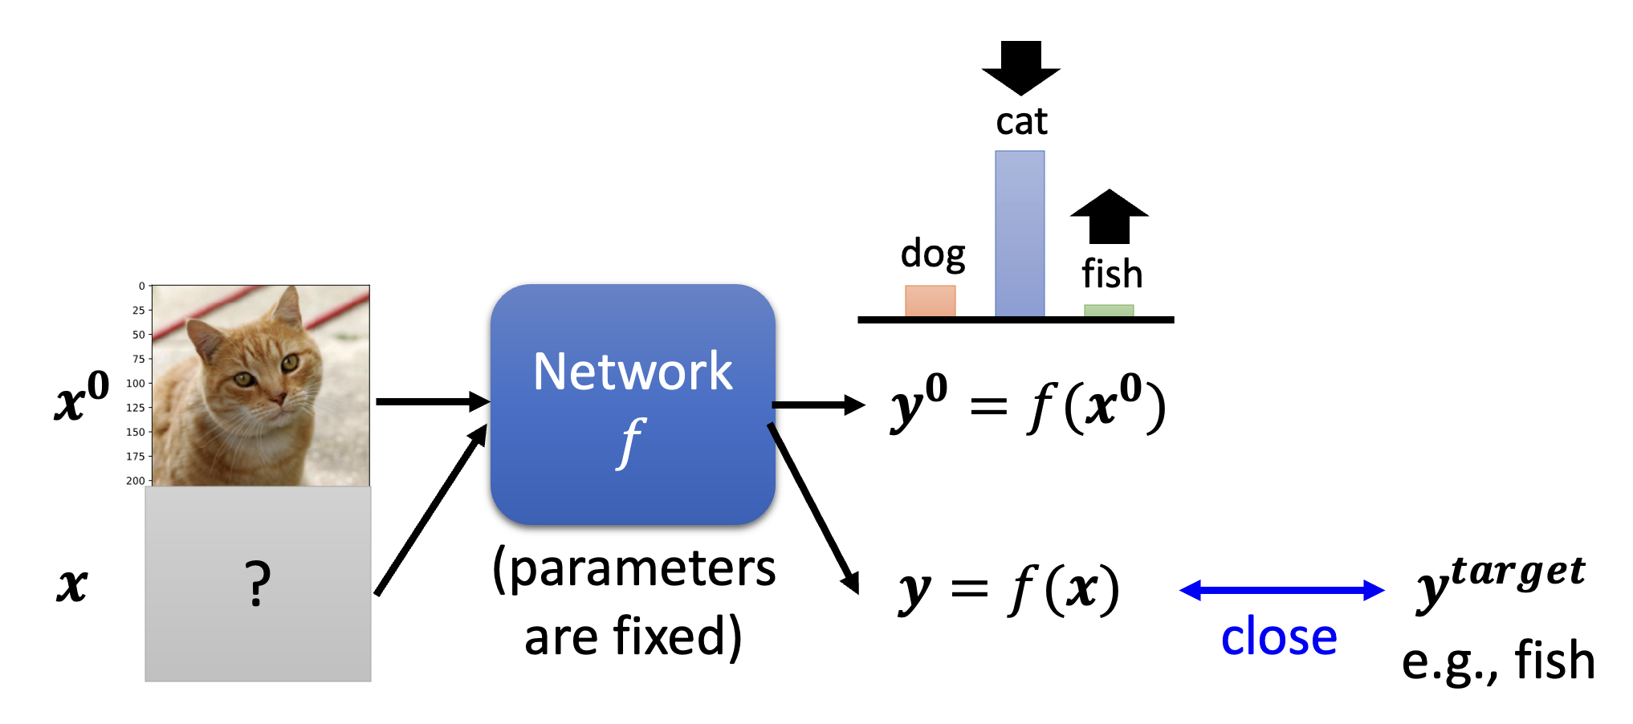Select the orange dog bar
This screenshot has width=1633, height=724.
(930, 301)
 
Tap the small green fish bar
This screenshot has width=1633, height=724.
(1109, 311)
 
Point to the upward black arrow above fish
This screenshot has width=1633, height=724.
(1110, 217)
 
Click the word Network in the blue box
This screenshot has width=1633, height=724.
(633, 372)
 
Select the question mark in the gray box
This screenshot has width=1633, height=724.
(257, 584)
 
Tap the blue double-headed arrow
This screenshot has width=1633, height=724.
(1281, 591)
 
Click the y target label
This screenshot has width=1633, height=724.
(1500, 581)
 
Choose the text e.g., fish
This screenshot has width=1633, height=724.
(1498, 661)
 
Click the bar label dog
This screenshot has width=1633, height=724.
(932, 254)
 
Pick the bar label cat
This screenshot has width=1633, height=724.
(1021, 122)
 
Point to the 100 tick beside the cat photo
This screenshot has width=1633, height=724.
(136, 384)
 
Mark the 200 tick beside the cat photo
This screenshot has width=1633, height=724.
(136, 481)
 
